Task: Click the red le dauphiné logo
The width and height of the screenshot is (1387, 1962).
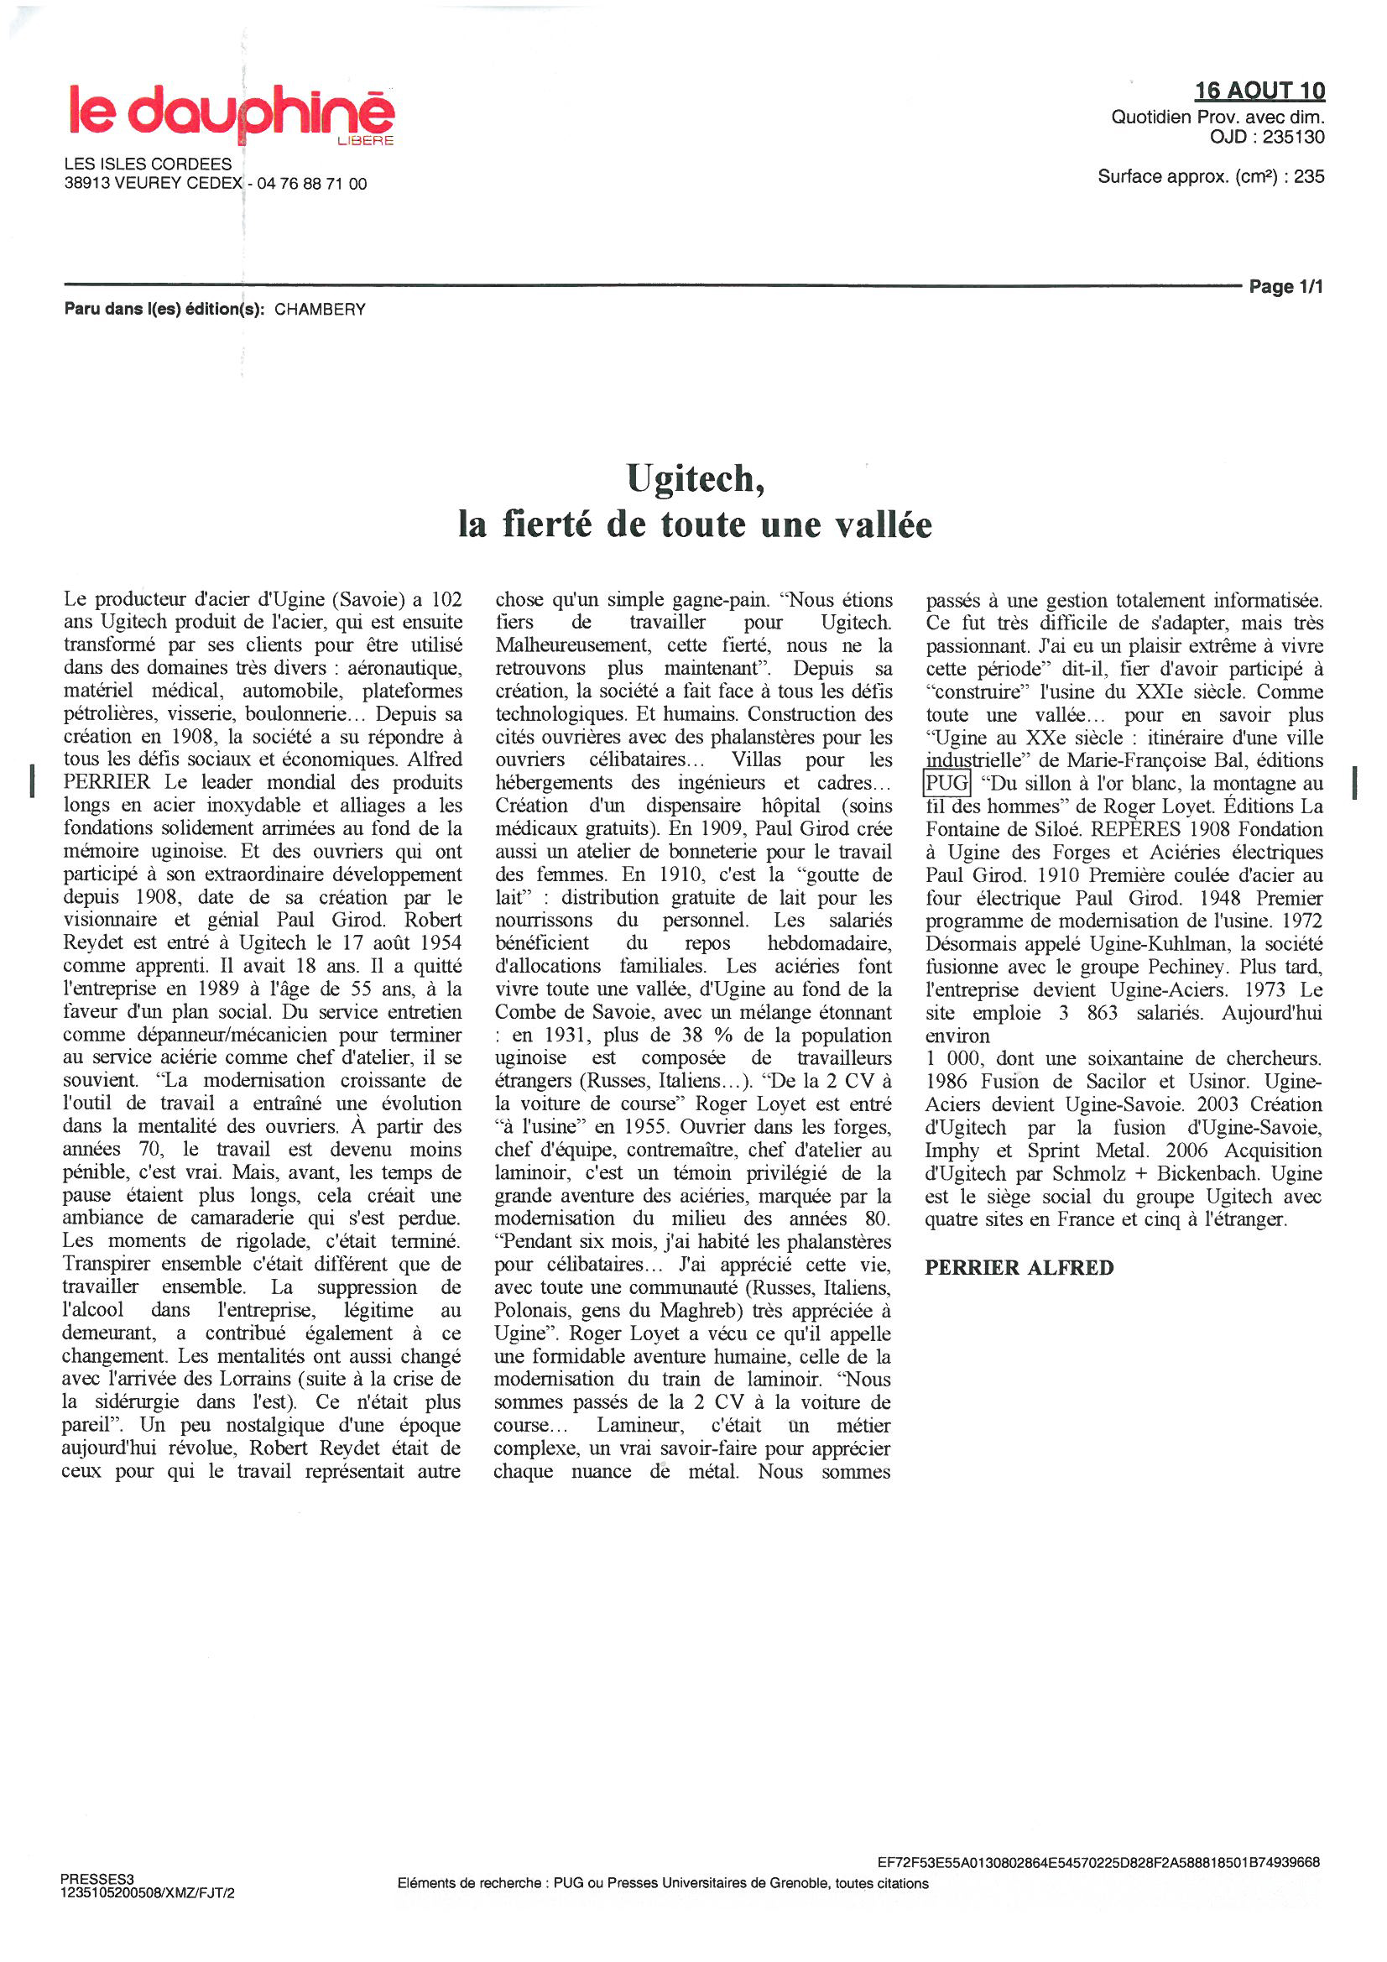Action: click(231, 112)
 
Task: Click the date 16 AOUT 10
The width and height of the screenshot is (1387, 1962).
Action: click(1259, 91)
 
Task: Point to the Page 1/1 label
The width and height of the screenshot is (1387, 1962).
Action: click(1285, 286)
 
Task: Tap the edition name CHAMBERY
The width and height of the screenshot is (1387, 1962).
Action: click(320, 310)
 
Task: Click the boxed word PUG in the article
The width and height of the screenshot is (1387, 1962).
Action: click(946, 783)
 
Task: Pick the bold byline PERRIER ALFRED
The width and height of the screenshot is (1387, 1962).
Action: click(1019, 1267)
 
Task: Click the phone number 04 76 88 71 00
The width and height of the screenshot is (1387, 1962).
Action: click(312, 184)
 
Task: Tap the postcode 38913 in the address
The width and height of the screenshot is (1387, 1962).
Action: click(87, 184)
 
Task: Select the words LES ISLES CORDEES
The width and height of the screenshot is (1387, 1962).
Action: click(148, 164)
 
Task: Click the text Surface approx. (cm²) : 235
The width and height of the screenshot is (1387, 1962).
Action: click(1210, 177)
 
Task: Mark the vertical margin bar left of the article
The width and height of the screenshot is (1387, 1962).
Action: click(33, 781)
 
